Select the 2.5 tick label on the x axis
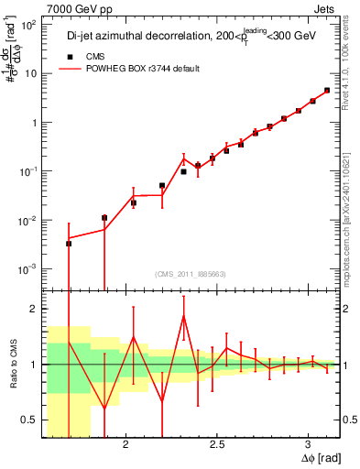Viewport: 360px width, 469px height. click(x=217, y=444)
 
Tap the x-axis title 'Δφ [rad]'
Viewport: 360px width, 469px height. click(x=318, y=458)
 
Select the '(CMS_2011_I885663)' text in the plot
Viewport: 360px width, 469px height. click(x=191, y=275)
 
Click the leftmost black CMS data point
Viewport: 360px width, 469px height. click(x=69, y=244)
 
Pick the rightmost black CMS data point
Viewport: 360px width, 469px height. click(x=327, y=91)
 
